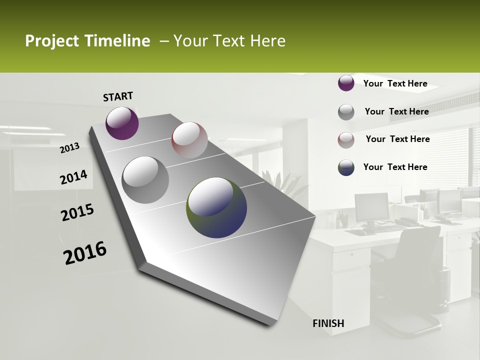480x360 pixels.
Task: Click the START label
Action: click(118, 96)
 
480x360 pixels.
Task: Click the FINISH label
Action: click(328, 323)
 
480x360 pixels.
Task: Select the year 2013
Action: click(69, 147)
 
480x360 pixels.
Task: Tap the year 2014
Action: click(73, 177)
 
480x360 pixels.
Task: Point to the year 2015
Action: click(77, 212)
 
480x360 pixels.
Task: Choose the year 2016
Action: click(85, 253)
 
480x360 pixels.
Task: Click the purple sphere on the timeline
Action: click(122, 123)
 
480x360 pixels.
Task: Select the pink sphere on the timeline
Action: click(189, 140)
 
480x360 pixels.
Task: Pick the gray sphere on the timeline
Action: click(145, 179)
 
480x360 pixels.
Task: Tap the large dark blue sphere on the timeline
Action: click(216, 207)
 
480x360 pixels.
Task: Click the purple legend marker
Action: click(346, 83)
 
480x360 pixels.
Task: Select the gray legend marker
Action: click(346, 112)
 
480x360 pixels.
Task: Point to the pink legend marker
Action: click(346, 140)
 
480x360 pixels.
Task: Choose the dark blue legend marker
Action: click(346, 167)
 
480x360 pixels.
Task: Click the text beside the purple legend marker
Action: click(395, 83)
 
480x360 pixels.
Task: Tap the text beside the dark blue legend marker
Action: click(395, 167)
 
